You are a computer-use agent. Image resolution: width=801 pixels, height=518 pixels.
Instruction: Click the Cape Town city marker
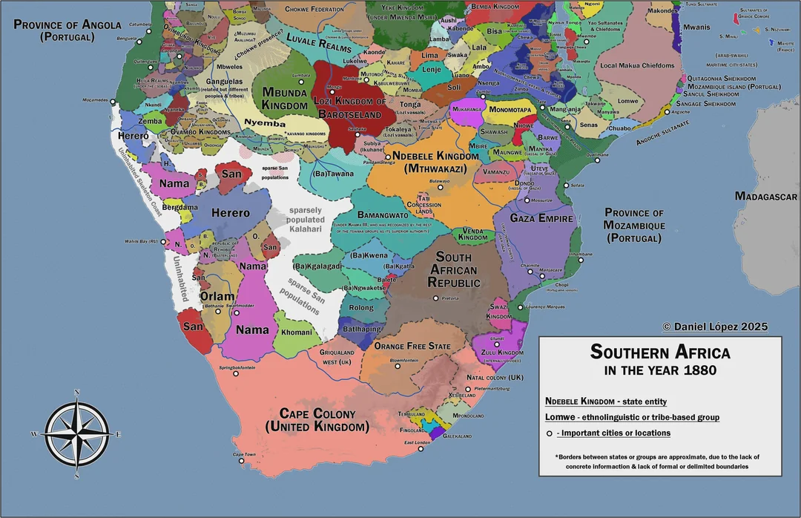pyautogui.click(x=241, y=460)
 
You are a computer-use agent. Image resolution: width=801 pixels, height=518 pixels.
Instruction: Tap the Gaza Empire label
pyautogui.click(x=542, y=219)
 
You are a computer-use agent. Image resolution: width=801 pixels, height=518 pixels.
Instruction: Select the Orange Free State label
pyautogui.click(x=412, y=347)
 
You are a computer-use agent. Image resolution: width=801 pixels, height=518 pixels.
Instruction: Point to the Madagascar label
pyautogui.click(x=765, y=197)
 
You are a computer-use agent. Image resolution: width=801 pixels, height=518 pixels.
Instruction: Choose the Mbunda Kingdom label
pyautogui.click(x=285, y=98)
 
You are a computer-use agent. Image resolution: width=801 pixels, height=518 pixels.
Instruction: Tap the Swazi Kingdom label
pyautogui.click(x=498, y=311)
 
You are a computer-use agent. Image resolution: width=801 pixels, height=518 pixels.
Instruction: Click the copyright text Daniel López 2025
pyautogui.click(x=715, y=327)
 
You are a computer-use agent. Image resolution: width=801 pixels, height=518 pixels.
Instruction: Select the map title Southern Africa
pyautogui.click(x=660, y=352)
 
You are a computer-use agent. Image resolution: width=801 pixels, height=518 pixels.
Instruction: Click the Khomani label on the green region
pyautogui.click(x=297, y=332)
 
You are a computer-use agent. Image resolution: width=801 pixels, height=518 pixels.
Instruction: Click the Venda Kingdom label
pyautogui.click(x=472, y=235)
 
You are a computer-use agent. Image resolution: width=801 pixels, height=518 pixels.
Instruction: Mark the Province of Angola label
pyautogui.click(x=67, y=30)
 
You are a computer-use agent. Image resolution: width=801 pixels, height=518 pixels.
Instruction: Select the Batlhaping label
pyautogui.click(x=362, y=329)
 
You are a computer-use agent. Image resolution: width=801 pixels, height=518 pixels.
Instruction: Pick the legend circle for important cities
pyautogui.click(x=550, y=433)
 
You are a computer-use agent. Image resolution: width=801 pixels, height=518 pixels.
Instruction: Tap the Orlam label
pyautogui.click(x=217, y=296)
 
